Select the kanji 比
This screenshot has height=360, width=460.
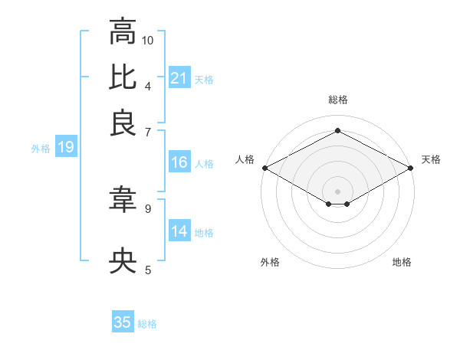click(x=123, y=77)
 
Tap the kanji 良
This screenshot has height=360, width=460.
click(x=123, y=123)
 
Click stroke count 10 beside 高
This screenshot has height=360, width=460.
click(x=148, y=40)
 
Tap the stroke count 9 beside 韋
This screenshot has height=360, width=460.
click(x=148, y=208)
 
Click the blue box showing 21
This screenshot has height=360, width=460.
click(x=179, y=78)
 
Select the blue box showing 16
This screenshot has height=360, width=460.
click(x=179, y=162)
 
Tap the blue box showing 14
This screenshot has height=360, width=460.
click(x=179, y=231)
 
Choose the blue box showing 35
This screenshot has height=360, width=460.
click(x=123, y=322)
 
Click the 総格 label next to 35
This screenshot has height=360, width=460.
click(x=147, y=324)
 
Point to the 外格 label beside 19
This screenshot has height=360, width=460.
click(x=40, y=149)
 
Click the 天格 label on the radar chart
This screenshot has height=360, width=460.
click(x=431, y=159)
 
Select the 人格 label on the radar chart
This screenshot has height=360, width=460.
click(x=245, y=159)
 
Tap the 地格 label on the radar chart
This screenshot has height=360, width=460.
click(x=402, y=263)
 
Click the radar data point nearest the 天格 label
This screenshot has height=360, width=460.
click(x=412, y=168)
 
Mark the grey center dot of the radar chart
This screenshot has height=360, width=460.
click(x=337, y=190)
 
